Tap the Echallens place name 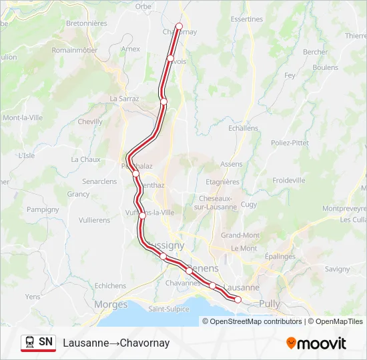tap(243, 128)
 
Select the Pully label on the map tap(270, 303)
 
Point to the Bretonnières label tap(87, 23)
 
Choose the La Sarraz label tap(124, 98)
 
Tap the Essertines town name tap(246, 19)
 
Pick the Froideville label tap(289, 180)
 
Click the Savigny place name tap(337, 269)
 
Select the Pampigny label tap(43, 209)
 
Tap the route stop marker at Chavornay tap(179, 26)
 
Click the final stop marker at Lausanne tap(238, 300)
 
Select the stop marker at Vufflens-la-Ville tap(142, 215)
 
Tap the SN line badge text tap(45, 342)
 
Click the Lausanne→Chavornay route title tap(116, 343)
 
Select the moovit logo tap(316, 343)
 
